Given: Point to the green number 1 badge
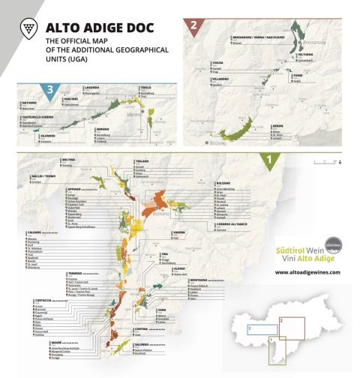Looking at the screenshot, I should (x=269, y=158).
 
